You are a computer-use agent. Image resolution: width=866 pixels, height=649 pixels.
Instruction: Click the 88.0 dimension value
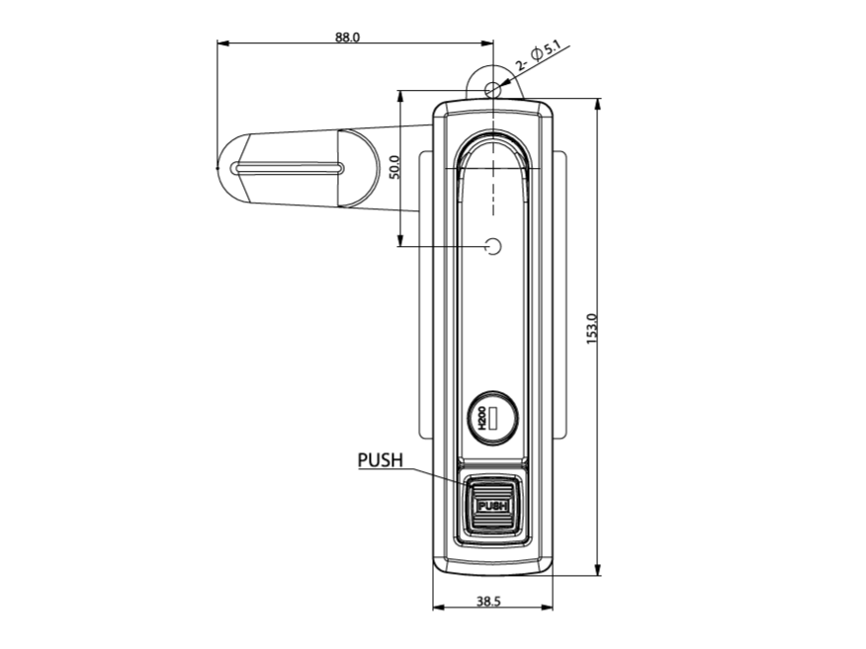click(347, 37)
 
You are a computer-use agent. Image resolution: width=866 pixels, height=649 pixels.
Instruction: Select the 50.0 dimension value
click(394, 167)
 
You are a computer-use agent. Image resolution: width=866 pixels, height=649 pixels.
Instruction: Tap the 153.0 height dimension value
click(592, 329)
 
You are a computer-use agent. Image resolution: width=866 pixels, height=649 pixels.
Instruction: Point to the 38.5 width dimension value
click(488, 601)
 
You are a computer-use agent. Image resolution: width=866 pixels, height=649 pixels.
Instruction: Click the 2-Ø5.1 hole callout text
click(538, 57)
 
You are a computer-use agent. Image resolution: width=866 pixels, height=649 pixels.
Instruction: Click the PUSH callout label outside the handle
click(381, 459)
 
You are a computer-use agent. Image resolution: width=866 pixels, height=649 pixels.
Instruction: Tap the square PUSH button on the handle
click(492, 505)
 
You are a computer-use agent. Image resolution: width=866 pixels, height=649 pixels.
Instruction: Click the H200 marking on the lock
click(481, 419)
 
